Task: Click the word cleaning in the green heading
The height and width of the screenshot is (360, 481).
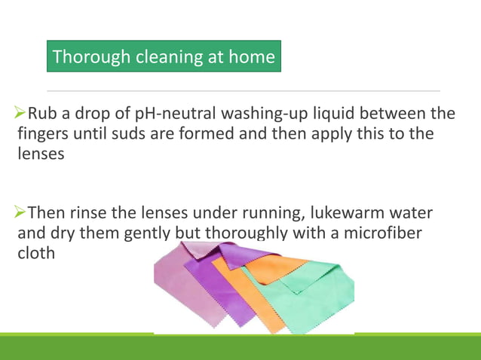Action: click(165, 56)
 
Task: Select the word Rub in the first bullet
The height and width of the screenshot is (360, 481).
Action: click(43, 114)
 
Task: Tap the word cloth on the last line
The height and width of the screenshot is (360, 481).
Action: click(36, 253)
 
